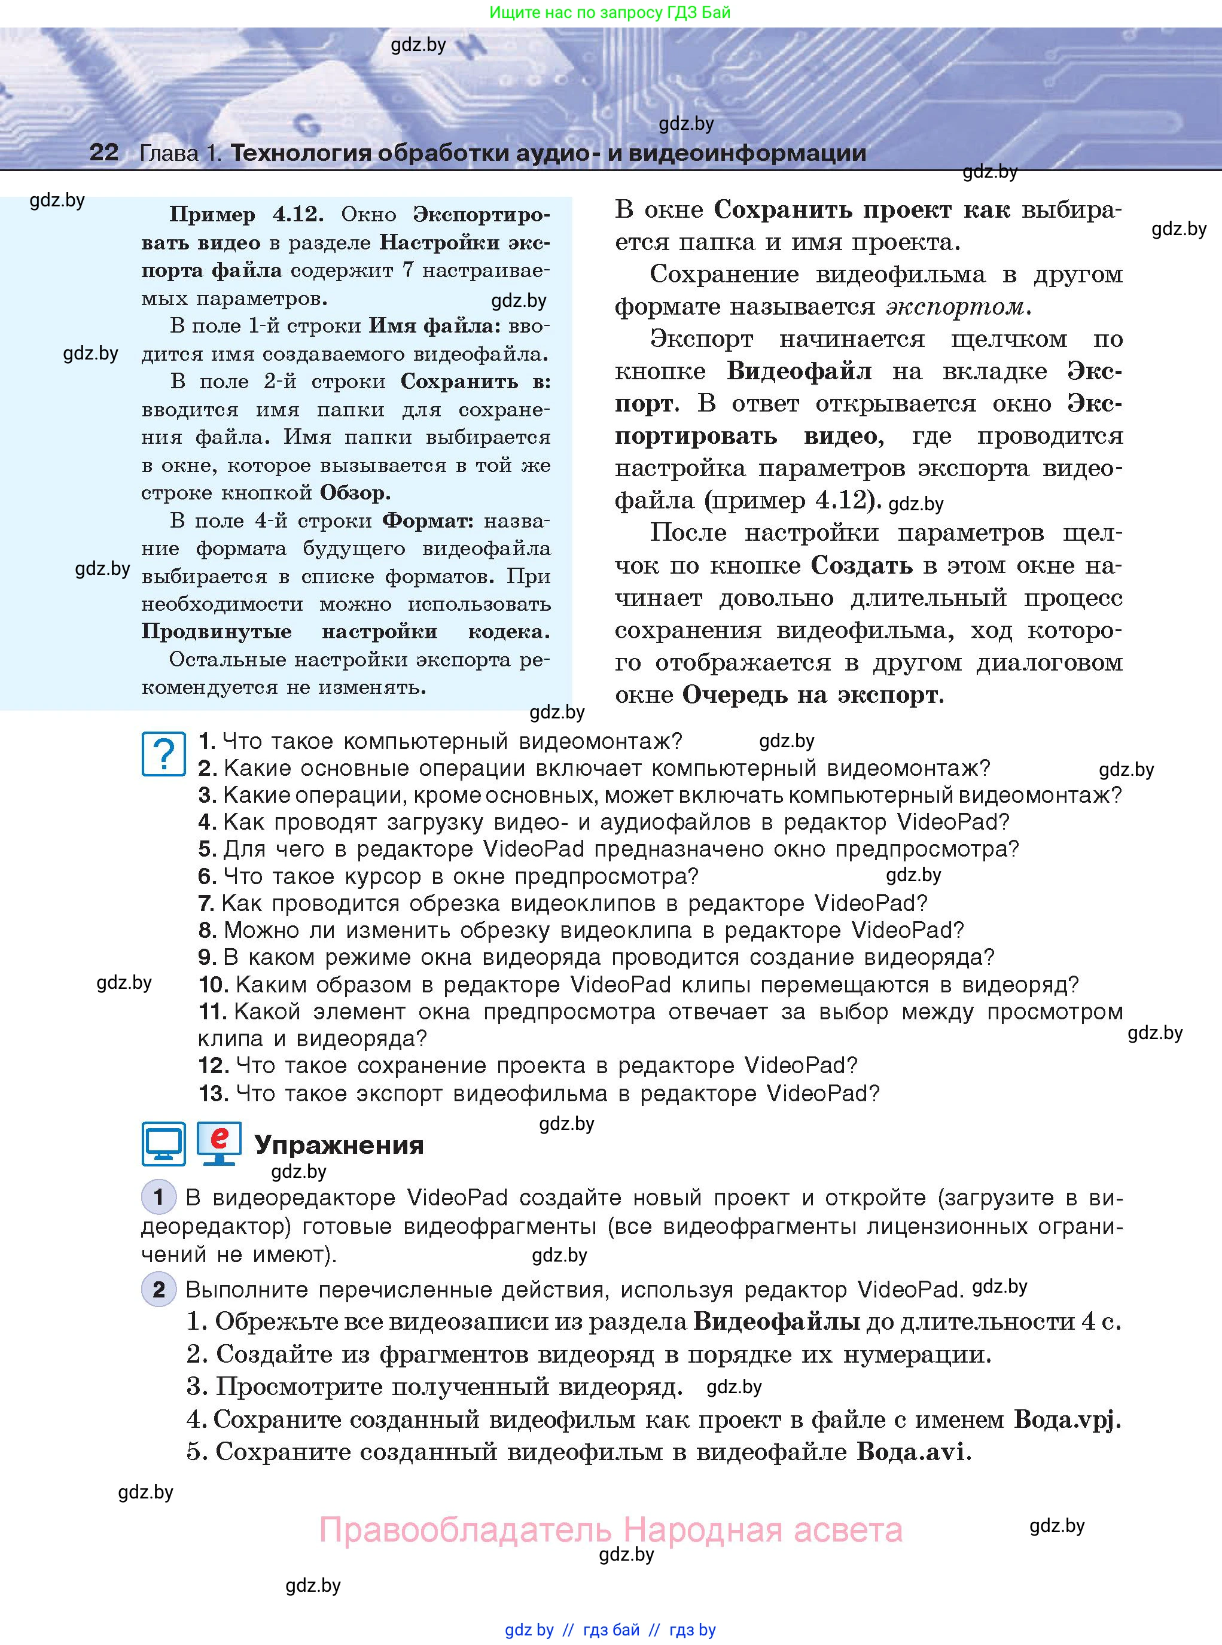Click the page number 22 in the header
(103, 153)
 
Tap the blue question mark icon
(163, 754)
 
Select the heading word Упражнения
(339, 1145)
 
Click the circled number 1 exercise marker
(159, 1197)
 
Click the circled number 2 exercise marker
(159, 1290)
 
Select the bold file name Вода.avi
(912, 1452)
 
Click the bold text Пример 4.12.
(246, 215)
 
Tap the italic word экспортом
(954, 306)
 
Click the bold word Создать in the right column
(862, 566)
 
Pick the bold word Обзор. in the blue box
(354, 493)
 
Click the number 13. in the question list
(213, 1093)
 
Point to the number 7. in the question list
(206, 903)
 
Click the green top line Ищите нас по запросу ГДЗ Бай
(610, 13)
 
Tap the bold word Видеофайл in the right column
(799, 371)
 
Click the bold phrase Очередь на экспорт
(812, 695)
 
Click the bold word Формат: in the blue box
(428, 521)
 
